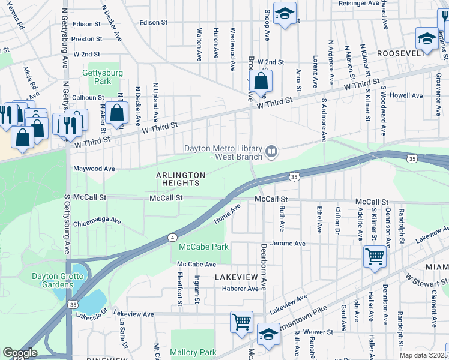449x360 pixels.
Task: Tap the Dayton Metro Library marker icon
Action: [x=272, y=152]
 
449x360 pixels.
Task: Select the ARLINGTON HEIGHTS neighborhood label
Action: [x=181, y=179]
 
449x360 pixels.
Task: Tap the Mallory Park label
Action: [x=193, y=352]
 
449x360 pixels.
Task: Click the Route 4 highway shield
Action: [x=172, y=238]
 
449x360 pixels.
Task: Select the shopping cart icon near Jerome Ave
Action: [x=375, y=257]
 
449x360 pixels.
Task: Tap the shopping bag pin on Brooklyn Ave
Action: [x=261, y=81]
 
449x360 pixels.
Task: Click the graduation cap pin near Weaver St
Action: [x=268, y=334]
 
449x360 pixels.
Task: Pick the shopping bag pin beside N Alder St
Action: [x=118, y=112]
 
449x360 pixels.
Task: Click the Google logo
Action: [x=20, y=353]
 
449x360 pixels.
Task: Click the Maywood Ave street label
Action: [x=94, y=169]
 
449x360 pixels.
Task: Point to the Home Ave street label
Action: [x=228, y=214]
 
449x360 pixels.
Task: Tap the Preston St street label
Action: [x=86, y=39]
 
